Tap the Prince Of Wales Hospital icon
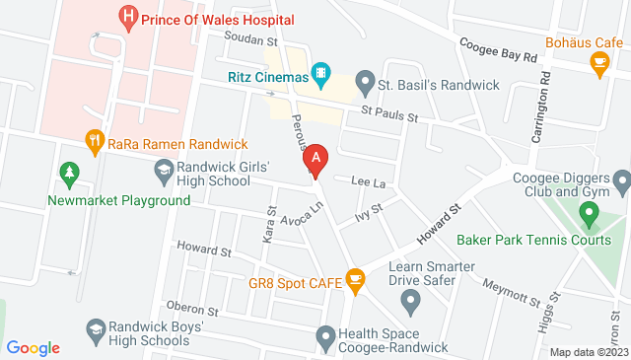[127, 17]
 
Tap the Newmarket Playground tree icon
[69, 175]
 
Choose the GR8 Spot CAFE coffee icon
[355, 282]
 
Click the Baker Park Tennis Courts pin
[589, 212]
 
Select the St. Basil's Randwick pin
[366, 79]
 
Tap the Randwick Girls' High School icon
[163, 173]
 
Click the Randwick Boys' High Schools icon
[96, 328]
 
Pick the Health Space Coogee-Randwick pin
[325, 337]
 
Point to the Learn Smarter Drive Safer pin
[412, 300]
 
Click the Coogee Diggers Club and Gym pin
[621, 182]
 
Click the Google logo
[34, 348]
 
